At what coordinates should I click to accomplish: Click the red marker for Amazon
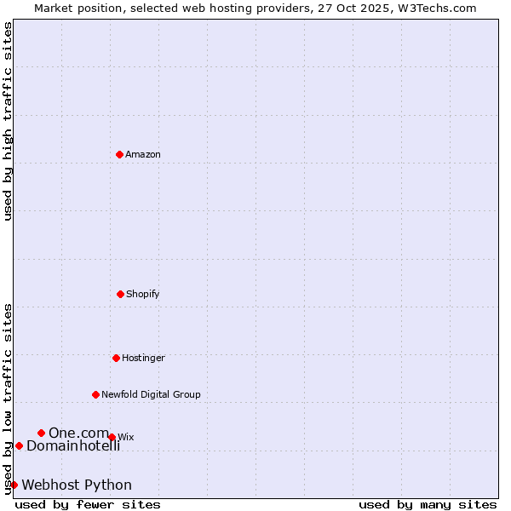click(x=119, y=154)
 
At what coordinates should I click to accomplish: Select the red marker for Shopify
click(x=120, y=294)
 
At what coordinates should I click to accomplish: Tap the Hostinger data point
click(x=116, y=358)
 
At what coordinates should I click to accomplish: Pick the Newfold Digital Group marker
click(x=95, y=394)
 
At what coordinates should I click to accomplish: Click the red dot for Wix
click(x=112, y=437)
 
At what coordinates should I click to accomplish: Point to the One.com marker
click(x=41, y=433)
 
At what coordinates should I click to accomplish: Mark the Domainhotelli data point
click(x=19, y=445)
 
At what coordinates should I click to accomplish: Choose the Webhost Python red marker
click(x=14, y=485)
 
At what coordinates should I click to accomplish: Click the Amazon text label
click(x=143, y=155)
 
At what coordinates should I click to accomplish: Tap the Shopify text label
click(x=143, y=295)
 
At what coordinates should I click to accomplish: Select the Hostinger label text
click(x=143, y=359)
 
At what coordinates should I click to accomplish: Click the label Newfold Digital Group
click(x=151, y=395)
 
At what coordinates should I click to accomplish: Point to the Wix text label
click(x=126, y=438)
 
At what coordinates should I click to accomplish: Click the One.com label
click(x=78, y=433)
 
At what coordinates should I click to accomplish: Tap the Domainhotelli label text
click(x=73, y=446)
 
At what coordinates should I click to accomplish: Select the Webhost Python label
click(x=77, y=485)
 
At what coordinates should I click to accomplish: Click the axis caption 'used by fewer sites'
click(x=88, y=504)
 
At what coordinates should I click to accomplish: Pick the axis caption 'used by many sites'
click(x=428, y=504)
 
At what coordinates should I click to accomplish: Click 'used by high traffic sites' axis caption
click(x=8, y=121)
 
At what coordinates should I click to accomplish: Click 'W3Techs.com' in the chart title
click(x=439, y=8)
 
